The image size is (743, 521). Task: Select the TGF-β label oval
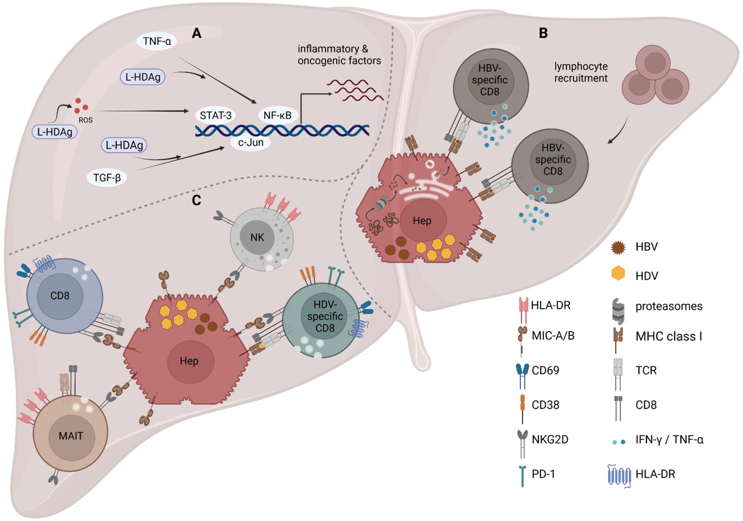click(x=107, y=178)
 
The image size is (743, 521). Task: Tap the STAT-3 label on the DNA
click(x=215, y=115)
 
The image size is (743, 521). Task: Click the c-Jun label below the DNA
click(x=251, y=143)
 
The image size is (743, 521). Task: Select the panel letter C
click(x=196, y=200)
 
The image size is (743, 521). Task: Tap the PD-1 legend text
click(x=543, y=474)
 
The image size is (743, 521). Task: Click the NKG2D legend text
click(x=550, y=439)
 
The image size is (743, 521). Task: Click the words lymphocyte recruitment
click(x=581, y=72)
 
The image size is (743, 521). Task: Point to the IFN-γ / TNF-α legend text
click(x=669, y=440)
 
